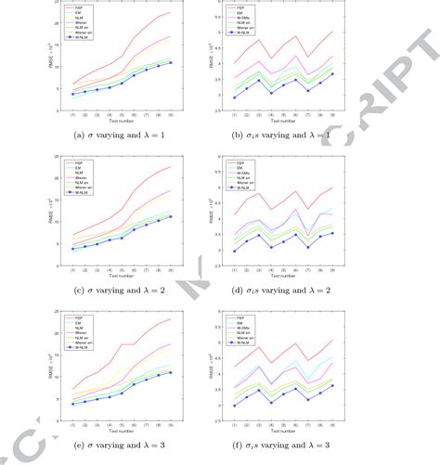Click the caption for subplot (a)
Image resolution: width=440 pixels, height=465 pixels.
pyautogui.click(x=114, y=136)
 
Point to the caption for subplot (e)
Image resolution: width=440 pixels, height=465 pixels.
pyautogui.click(x=114, y=446)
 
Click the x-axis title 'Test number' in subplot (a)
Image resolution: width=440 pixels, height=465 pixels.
pyautogui.click(x=114, y=121)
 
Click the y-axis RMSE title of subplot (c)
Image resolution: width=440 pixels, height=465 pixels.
pyautogui.click(x=49, y=215)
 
